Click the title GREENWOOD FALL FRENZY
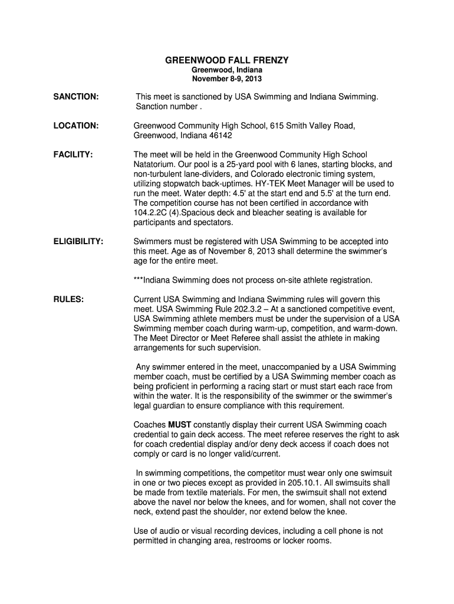pos(226,61)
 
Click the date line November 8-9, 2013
pos(226,79)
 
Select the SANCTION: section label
pos(76,96)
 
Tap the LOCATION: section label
pos(76,126)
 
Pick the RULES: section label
pos(68,299)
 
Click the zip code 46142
pos(221,136)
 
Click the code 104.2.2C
pos(152,212)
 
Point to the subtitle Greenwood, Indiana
pos(226,70)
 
